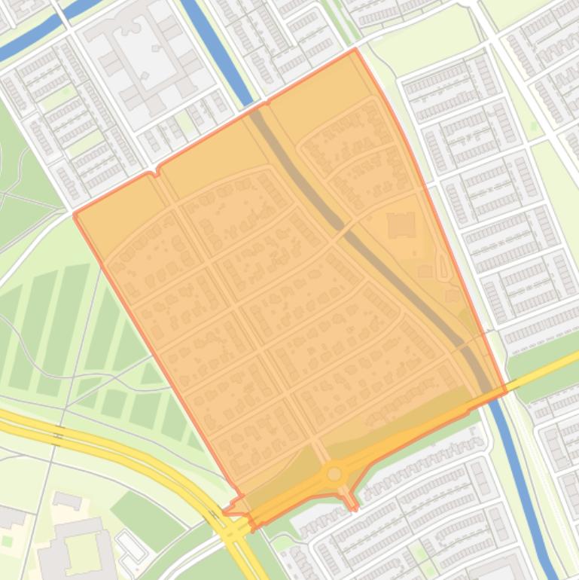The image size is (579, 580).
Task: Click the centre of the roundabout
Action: (x=334, y=474)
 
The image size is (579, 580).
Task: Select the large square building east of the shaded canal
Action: (x=401, y=225)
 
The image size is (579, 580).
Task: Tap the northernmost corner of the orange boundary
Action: (x=355, y=50)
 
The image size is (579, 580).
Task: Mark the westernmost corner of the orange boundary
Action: (x=75, y=215)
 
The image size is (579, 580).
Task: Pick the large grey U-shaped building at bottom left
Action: (x=75, y=546)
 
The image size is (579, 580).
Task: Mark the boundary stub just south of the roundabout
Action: (x=351, y=503)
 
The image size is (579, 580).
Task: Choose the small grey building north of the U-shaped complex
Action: (x=67, y=500)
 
